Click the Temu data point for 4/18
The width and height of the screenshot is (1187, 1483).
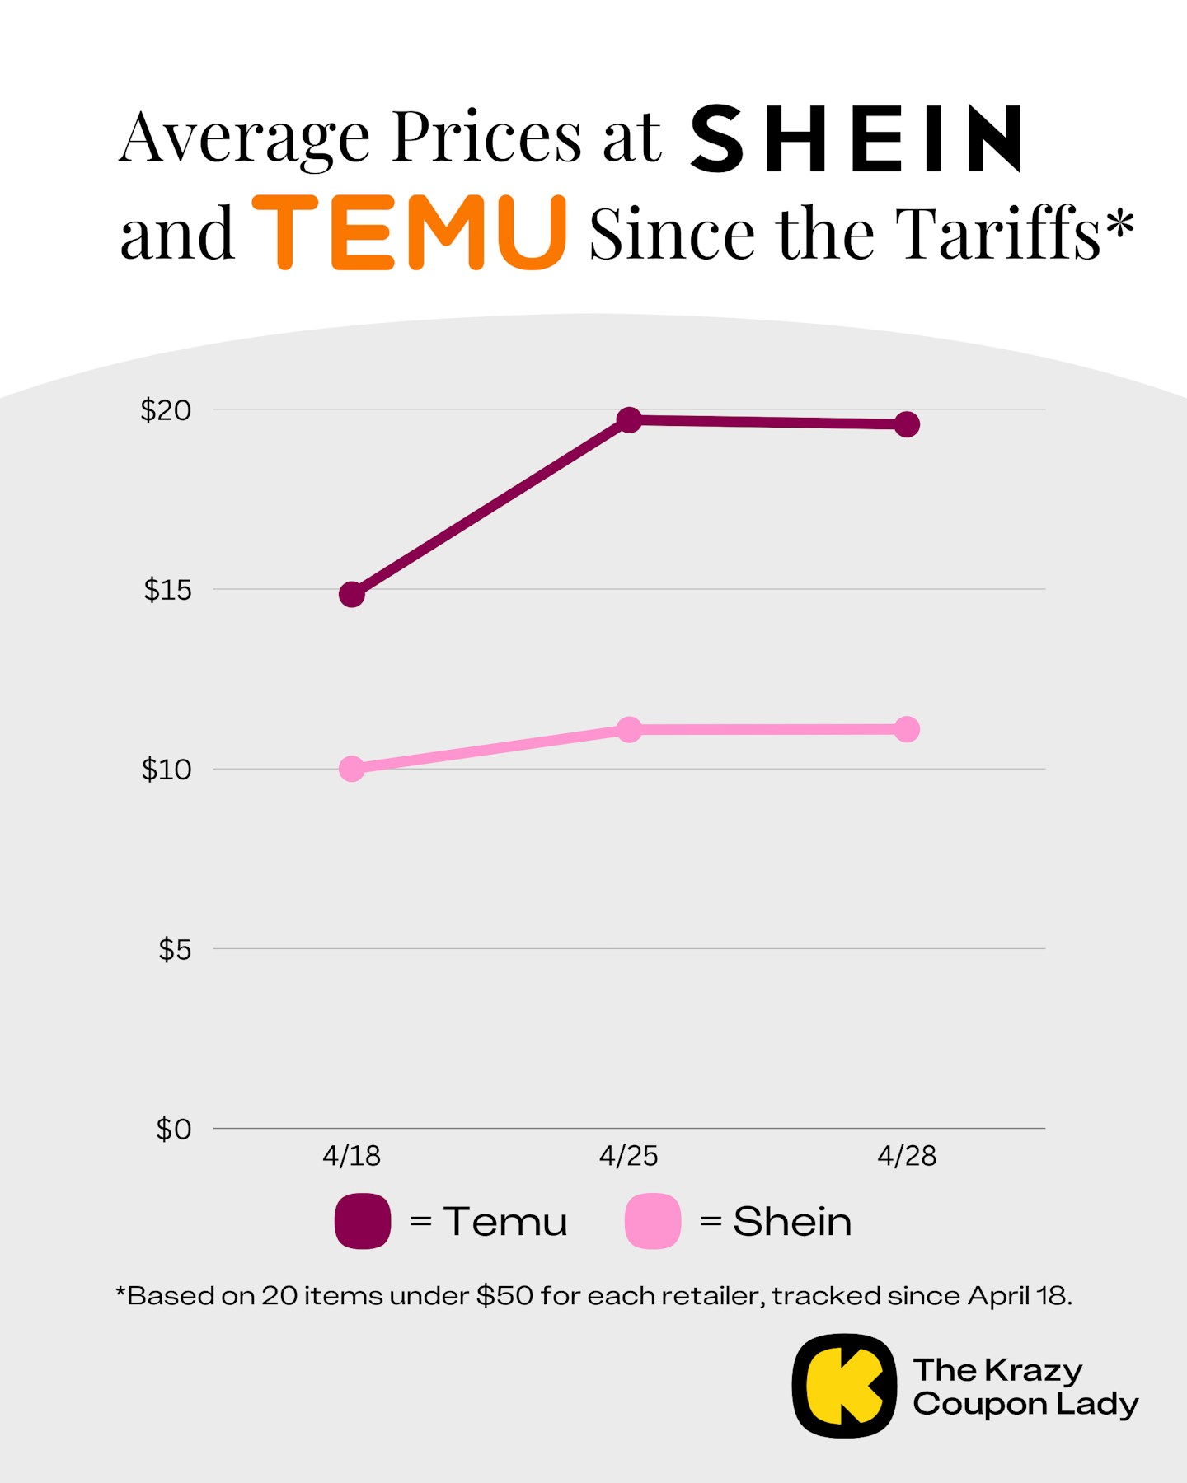352,594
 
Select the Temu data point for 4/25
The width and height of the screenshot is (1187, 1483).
629,420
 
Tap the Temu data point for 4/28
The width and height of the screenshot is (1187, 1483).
907,425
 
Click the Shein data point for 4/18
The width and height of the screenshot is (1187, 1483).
352,769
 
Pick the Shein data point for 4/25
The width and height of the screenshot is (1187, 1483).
629,729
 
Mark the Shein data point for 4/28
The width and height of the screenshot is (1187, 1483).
907,729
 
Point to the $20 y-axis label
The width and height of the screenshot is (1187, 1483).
166,409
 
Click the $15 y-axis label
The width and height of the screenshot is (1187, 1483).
167,590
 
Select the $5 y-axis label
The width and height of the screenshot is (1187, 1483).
174,949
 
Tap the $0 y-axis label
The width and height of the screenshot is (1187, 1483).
173,1129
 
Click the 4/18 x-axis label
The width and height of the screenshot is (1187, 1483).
351,1156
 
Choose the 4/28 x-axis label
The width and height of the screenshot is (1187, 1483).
907,1156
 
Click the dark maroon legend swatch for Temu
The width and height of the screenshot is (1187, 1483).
363,1221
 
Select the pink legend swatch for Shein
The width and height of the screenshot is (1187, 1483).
653,1221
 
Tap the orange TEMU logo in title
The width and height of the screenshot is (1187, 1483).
410,233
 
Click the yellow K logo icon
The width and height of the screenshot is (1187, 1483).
843,1386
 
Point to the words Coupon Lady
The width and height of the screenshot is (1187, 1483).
1025,1404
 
